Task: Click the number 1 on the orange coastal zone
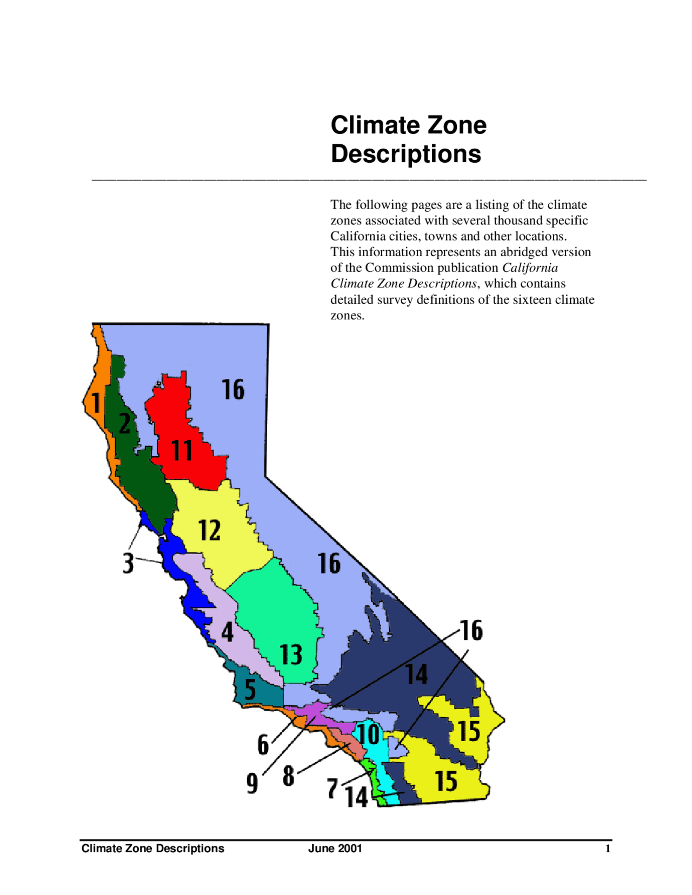click(x=96, y=403)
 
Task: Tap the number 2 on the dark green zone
click(x=124, y=424)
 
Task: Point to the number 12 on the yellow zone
click(x=209, y=530)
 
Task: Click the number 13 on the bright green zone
click(x=291, y=654)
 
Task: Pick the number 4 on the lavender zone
click(x=227, y=632)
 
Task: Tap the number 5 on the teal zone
click(x=250, y=690)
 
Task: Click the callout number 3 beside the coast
click(x=128, y=563)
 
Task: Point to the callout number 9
click(x=252, y=783)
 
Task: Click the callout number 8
click(x=289, y=776)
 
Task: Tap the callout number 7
click(x=333, y=789)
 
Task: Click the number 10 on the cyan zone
click(x=369, y=734)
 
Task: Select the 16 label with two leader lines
click(x=471, y=630)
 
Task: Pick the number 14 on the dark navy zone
click(x=417, y=674)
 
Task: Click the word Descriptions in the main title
click(x=405, y=154)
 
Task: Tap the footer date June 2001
click(x=335, y=849)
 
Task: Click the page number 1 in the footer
click(x=608, y=849)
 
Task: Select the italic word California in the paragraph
click(x=530, y=268)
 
